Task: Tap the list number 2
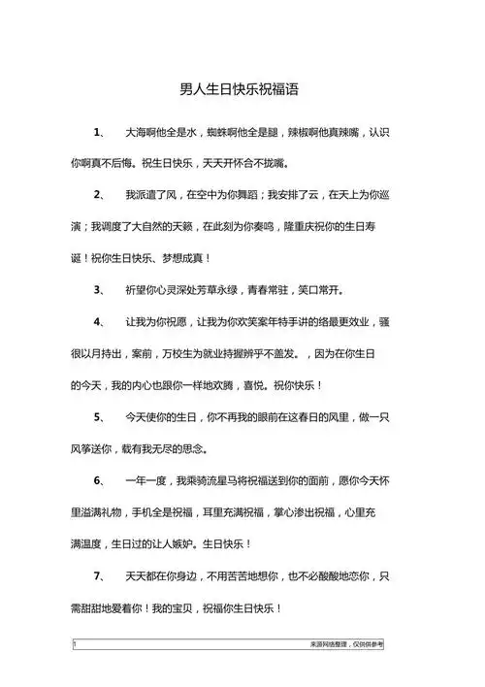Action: [98, 195]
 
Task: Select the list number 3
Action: [98, 289]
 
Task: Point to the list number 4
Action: [98, 321]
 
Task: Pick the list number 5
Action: [98, 417]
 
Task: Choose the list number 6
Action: [98, 480]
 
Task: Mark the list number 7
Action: [98, 576]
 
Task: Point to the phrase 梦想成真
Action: [180, 258]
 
